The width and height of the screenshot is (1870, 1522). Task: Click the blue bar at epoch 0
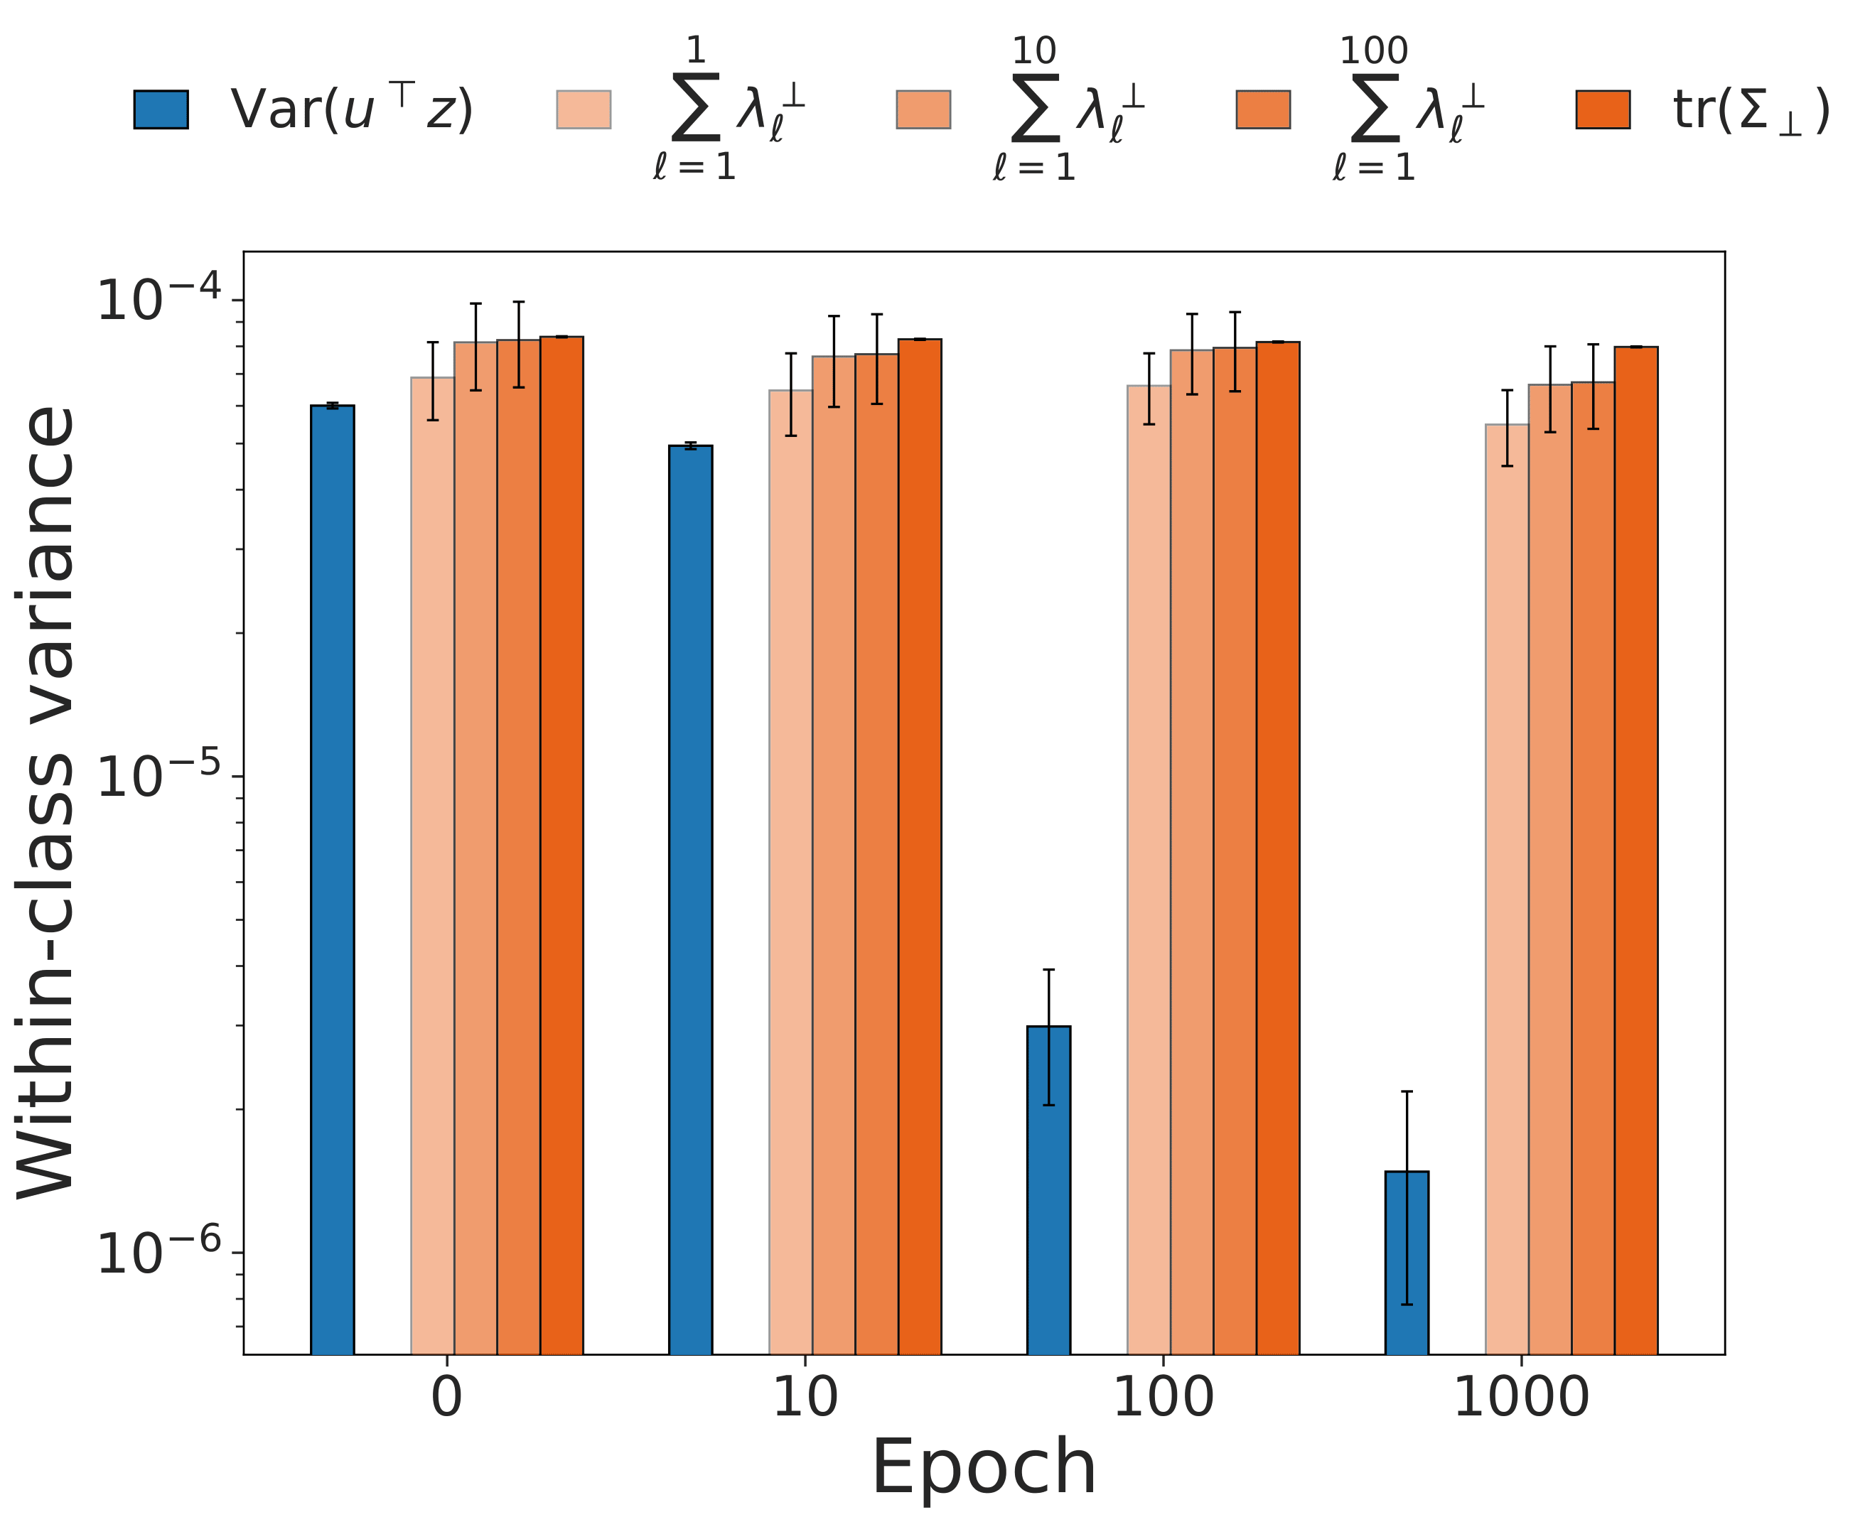(x=333, y=877)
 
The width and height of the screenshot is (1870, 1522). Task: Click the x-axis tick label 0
(x=446, y=1398)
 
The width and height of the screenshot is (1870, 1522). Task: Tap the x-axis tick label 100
(x=1163, y=1398)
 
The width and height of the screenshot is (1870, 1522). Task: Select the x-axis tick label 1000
(x=1521, y=1398)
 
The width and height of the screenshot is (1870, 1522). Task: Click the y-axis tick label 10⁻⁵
(x=158, y=775)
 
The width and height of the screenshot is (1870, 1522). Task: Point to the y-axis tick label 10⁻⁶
(x=158, y=1252)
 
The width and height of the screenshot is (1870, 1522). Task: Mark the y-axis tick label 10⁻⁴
(x=158, y=299)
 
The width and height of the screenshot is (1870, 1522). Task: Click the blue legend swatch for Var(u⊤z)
(x=161, y=109)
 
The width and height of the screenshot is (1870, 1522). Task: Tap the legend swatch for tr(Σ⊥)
(x=1603, y=109)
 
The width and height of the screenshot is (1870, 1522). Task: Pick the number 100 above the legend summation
(x=1374, y=51)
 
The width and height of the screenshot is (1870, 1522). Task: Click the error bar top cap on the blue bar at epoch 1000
(x=1407, y=1091)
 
